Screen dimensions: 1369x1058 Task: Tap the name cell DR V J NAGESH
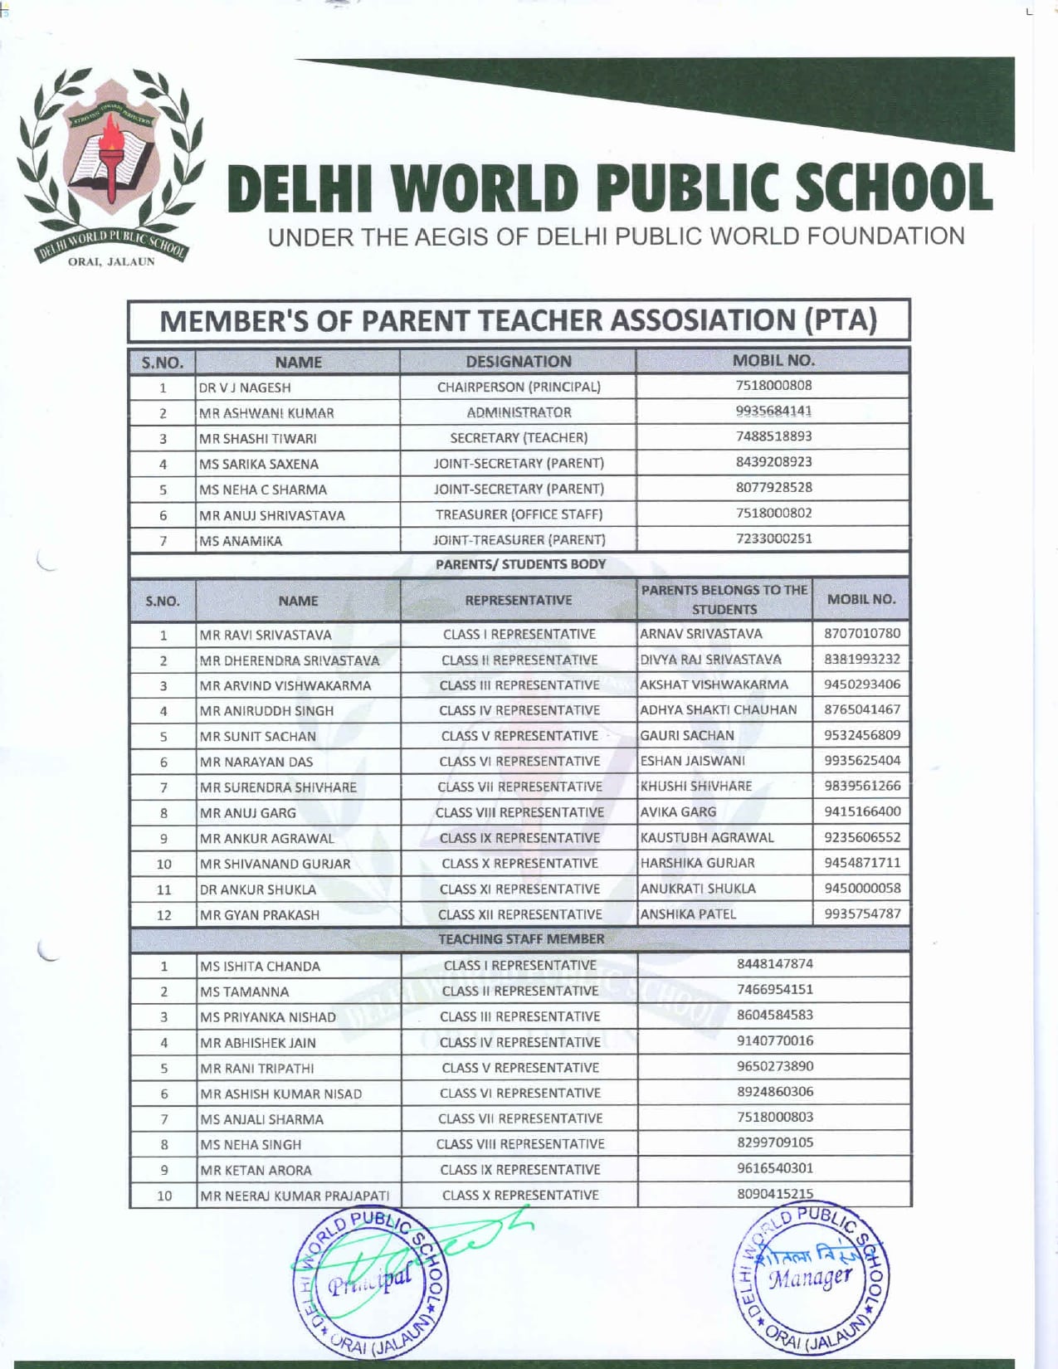pos(245,387)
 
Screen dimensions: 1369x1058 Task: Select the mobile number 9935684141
pos(773,411)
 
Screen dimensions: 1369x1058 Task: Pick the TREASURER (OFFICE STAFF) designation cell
pos(519,514)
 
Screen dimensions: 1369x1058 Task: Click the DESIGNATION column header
pos(519,362)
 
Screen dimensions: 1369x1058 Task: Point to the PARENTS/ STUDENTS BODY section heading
pos(520,564)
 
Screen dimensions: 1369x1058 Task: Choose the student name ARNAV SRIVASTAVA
pos(701,634)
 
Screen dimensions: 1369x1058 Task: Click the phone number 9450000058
pos(862,888)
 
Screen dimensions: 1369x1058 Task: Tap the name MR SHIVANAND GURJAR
pos(275,864)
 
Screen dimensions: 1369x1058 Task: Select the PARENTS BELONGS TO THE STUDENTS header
pos(724,599)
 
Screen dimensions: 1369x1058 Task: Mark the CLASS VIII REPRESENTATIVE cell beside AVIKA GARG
pos(519,812)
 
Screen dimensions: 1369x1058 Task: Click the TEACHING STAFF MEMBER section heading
pos(521,939)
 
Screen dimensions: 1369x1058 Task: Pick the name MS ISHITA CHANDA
pos(260,966)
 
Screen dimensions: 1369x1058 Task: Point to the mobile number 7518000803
pos(774,1117)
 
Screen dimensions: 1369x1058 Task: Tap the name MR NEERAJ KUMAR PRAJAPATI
pos(295,1196)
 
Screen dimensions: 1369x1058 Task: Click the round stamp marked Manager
pos(810,1278)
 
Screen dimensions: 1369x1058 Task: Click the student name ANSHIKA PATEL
pos(688,913)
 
